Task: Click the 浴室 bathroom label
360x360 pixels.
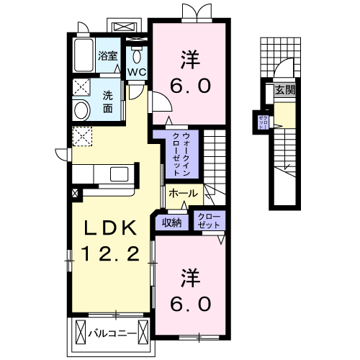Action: [108, 54]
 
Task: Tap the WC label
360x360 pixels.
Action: [138, 73]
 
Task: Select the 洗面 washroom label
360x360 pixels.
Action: [107, 102]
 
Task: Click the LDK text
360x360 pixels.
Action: [112, 228]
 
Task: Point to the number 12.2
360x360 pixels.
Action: [112, 253]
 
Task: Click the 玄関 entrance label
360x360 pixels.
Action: [285, 90]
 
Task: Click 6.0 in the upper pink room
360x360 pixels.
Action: [190, 86]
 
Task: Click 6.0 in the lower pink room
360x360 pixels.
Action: [190, 302]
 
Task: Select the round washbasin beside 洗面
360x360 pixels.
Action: [81, 110]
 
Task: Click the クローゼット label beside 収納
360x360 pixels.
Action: [207, 221]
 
